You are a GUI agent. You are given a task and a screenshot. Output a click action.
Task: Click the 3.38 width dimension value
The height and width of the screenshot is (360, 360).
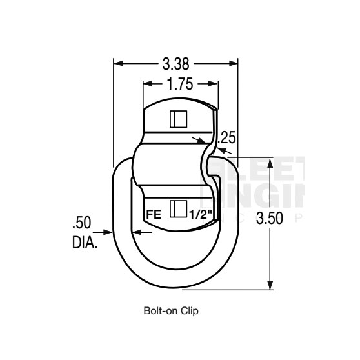[x=176, y=63]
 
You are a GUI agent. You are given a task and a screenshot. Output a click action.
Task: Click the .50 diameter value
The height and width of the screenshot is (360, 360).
[x=82, y=223]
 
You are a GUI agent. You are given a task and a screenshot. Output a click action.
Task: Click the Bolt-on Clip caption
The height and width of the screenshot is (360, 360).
[x=170, y=310]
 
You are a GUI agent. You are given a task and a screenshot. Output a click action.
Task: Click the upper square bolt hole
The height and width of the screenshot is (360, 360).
[x=177, y=119]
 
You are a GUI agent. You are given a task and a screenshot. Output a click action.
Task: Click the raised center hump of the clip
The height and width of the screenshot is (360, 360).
[x=174, y=166]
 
